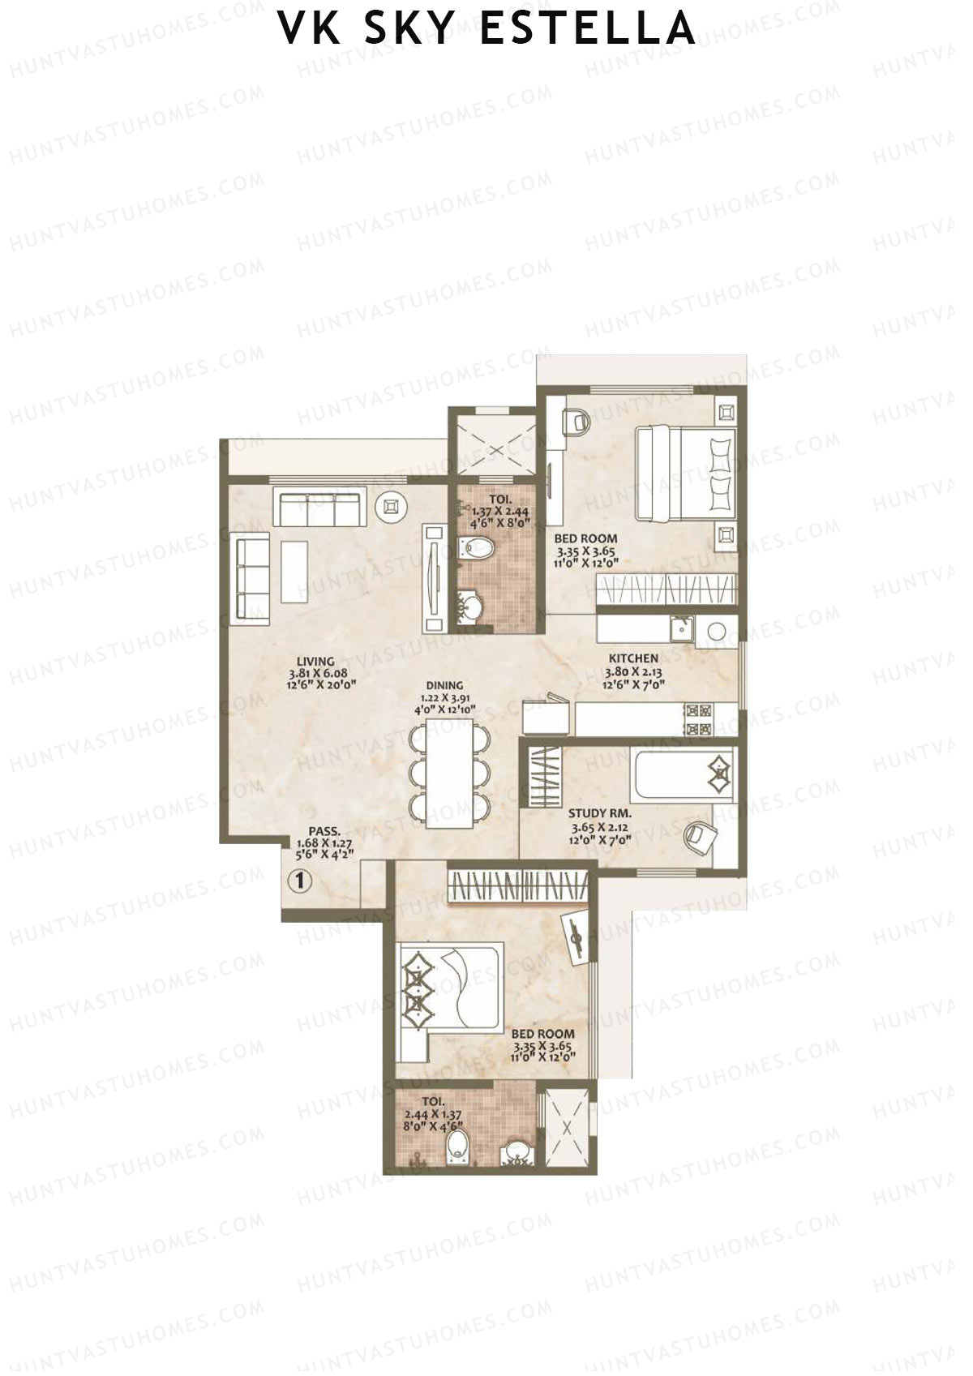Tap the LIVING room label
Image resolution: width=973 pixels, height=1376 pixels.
point(315,662)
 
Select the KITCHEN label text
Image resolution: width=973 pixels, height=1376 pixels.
point(633,658)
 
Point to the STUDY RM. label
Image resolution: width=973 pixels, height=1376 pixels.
point(600,813)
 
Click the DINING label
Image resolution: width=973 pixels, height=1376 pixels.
point(444,685)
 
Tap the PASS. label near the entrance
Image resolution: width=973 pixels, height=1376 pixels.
point(324,830)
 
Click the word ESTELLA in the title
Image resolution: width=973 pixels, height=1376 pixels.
point(587,29)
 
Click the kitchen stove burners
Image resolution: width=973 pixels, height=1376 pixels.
point(698,719)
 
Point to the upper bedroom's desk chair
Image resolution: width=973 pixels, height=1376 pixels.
point(576,420)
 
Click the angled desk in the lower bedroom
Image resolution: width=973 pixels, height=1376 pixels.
point(579,937)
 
